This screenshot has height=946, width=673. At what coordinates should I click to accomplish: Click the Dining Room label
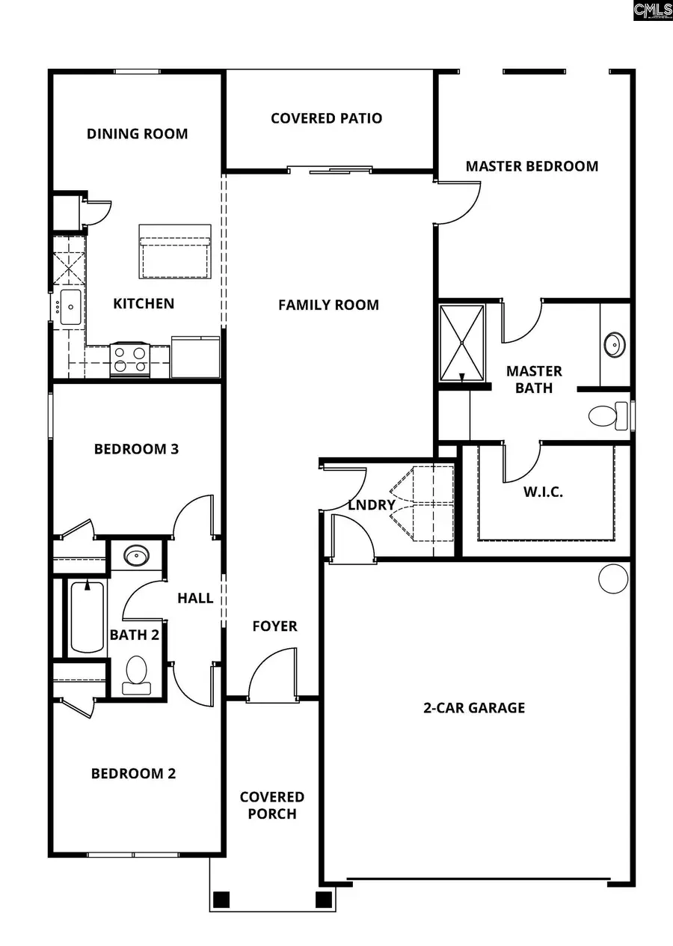point(137,134)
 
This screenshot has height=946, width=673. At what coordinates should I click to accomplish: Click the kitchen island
point(174,251)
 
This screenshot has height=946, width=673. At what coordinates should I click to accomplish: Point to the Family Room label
point(328,305)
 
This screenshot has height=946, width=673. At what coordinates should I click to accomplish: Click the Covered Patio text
point(326,118)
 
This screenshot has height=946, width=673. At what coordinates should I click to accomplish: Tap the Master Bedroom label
point(532,166)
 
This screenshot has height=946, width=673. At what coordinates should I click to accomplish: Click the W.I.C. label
point(543,492)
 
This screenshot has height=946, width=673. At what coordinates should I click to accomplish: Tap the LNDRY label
point(372,505)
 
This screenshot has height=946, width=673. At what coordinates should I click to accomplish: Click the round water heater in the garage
point(613,579)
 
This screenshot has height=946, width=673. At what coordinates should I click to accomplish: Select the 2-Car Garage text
point(474,707)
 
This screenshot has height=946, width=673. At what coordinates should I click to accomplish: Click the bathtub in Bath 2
point(87,618)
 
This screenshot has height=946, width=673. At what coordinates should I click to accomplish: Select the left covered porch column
point(221,898)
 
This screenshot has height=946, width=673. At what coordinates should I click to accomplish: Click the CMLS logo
point(652,10)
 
